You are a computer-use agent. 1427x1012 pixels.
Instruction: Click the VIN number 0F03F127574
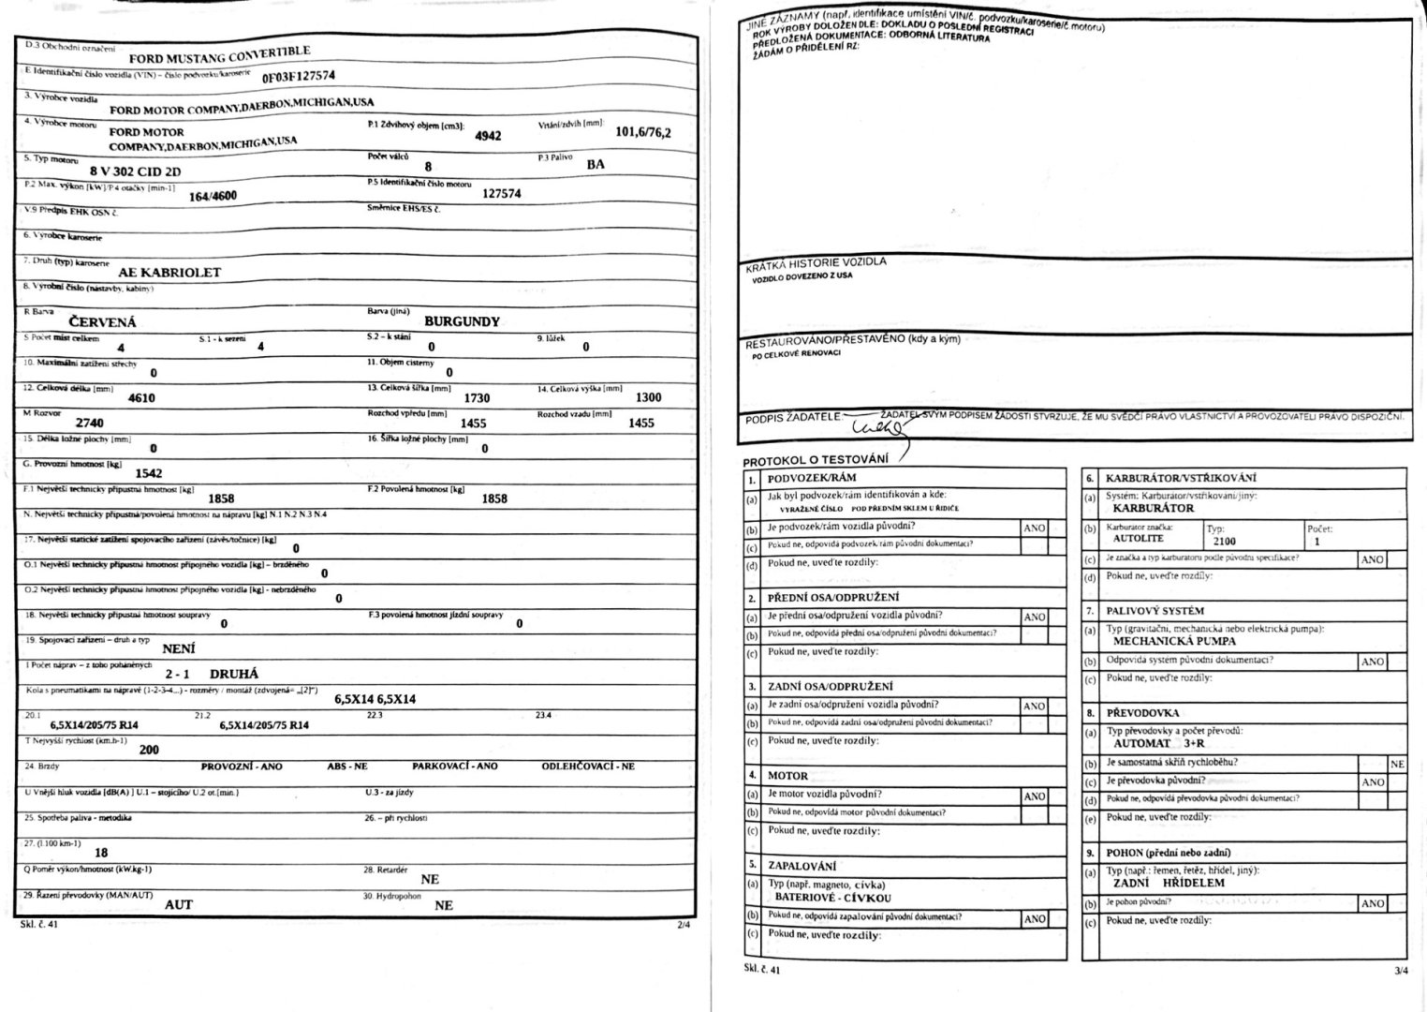point(298,77)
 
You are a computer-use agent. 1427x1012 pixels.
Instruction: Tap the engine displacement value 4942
point(488,136)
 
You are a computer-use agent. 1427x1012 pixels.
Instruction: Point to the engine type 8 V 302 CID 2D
point(135,172)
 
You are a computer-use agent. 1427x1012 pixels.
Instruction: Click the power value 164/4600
point(213,197)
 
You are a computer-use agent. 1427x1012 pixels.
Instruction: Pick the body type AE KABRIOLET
point(169,273)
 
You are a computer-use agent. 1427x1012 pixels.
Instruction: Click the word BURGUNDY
point(462,321)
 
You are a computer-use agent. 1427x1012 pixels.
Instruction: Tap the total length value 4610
point(141,397)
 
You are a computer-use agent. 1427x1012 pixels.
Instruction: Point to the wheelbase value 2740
point(90,423)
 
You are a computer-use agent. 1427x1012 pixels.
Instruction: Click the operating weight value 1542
point(149,473)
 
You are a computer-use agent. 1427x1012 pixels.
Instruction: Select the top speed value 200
point(149,750)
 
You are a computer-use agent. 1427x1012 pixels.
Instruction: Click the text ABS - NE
point(346,766)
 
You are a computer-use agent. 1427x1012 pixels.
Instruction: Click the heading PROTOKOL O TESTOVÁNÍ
point(815,461)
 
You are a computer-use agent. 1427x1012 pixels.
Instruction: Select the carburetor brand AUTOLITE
point(1138,539)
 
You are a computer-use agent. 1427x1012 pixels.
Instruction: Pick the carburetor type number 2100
point(1224,541)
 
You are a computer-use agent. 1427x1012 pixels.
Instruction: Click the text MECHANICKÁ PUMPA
point(1174,642)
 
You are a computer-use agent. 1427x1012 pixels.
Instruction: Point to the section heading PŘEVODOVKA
point(1142,713)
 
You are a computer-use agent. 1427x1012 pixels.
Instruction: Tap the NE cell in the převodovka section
point(1397,764)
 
